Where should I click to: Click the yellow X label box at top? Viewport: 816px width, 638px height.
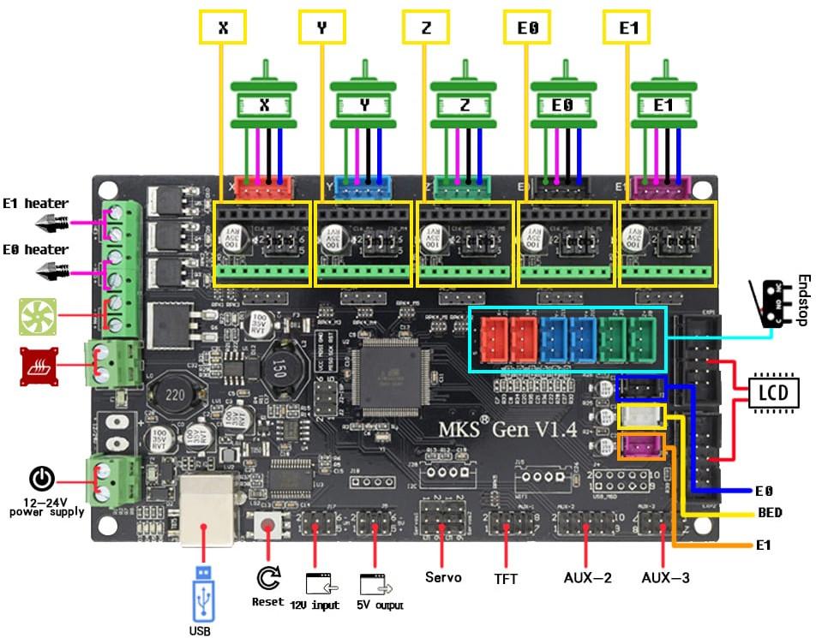(x=223, y=27)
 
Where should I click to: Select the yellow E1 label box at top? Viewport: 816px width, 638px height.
(x=627, y=27)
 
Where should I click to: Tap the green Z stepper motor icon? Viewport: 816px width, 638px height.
(x=464, y=99)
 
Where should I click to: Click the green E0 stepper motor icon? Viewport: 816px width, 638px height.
(x=563, y=99)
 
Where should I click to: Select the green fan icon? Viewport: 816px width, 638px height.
(x=38, y=317)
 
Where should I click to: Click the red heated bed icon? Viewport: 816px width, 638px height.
(x=39, y=367)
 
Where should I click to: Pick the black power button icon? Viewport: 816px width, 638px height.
(x=43, y=479)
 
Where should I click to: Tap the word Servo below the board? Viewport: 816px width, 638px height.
(x=443, y=577)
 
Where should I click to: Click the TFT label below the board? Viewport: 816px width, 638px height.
(x=507, y=578)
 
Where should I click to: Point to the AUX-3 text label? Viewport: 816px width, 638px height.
(x=665, y=578)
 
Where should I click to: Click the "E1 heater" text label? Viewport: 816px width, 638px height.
(x=35, y=203)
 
